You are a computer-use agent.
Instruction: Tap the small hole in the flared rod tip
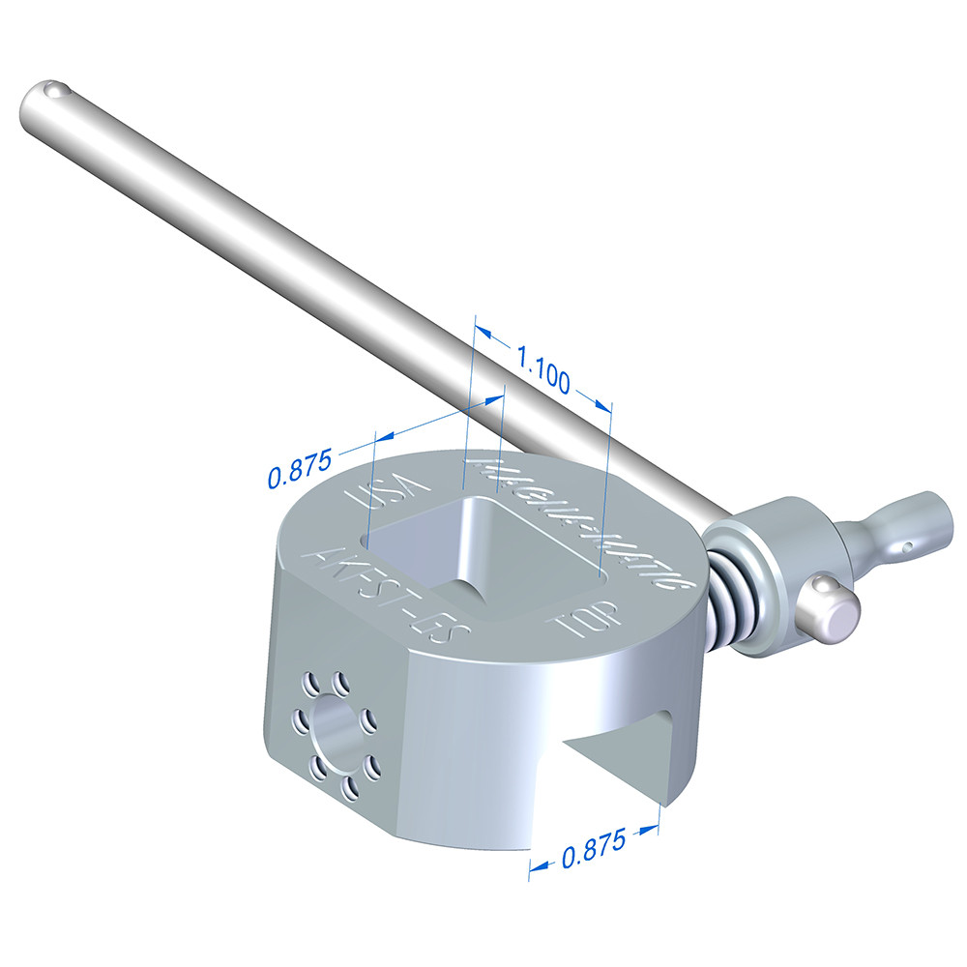coord(910,548)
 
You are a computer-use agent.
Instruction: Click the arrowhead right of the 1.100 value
coord(601,401)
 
